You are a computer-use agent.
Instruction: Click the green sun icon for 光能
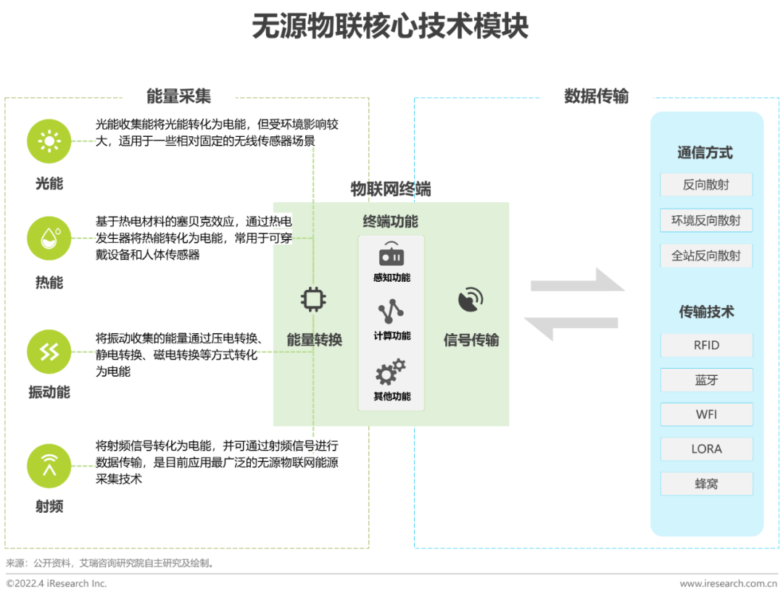(49, 141)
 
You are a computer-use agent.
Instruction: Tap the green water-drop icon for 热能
(49, 238)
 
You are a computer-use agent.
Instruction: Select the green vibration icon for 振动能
(49, 351)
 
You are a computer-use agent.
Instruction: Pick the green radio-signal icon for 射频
(49, 466)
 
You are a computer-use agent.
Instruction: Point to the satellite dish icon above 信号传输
(471, 300)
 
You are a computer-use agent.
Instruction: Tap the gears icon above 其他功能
(391, 373)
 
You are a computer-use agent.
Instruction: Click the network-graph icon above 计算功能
(391, 311)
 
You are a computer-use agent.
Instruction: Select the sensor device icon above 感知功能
(391, 254)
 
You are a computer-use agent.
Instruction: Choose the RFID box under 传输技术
(706, 345)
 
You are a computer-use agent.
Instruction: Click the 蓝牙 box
(706, 380)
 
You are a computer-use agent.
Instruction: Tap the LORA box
(706, 449)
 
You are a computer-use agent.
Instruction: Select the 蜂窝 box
(706, 483)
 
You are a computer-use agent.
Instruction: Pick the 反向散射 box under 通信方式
(706, 184)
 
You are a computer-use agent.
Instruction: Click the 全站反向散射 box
(706, 255)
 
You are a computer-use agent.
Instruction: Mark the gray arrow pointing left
(571, 328)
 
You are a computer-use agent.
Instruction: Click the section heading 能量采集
(178, 96)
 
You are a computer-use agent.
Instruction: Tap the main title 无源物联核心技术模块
(391, 27)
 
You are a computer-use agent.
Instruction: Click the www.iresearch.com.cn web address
(728, 583)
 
